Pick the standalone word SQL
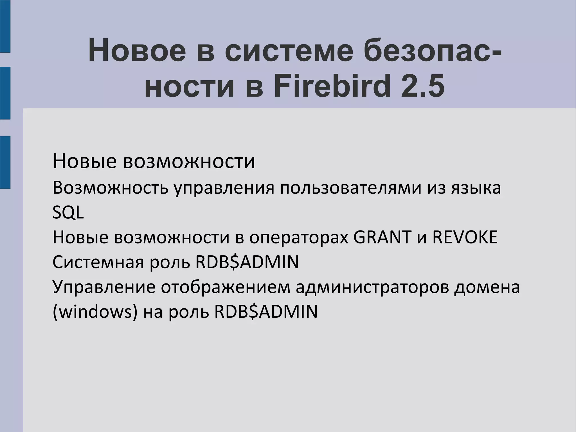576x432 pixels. tap(68, 213)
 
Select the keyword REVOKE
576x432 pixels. tap(465, 237)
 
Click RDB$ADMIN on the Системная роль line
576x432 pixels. tap(247, 262)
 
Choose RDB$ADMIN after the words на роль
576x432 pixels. tap(266, 312)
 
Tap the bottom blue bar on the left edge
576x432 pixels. tap(5, 162)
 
